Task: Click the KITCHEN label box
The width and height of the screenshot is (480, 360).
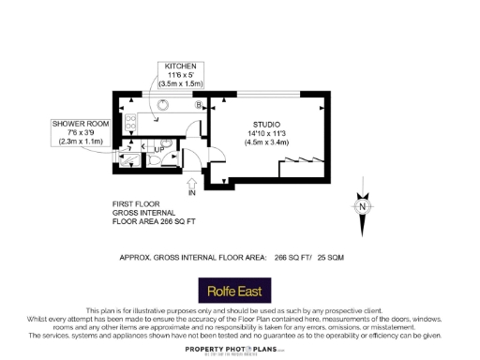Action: [x=180, y=75]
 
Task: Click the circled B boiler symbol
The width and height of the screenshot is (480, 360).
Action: [x=198, y=105]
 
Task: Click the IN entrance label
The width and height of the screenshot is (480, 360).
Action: [x=191, y=192]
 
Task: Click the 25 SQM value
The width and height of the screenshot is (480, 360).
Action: [x=330, y=256]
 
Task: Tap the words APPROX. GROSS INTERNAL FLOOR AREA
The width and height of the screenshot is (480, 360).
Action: [x=193, y=256]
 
